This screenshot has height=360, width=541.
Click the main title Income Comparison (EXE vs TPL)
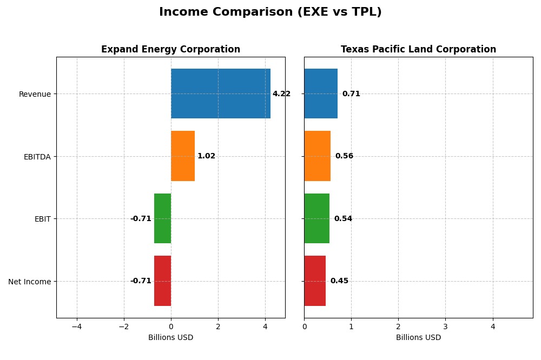point(270,12)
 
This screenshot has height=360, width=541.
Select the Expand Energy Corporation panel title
point(170,49)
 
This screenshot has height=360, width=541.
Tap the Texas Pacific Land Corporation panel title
point(418,49)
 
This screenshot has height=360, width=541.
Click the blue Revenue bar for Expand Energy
point(220,94)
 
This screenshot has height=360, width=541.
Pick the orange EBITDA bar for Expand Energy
point(183,156)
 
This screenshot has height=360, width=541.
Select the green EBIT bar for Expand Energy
point(162,218)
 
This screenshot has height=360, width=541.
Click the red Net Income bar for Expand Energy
point(162,281)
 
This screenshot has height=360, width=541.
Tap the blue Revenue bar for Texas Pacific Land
point(321,94)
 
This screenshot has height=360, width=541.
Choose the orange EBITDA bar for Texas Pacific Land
point(317,156)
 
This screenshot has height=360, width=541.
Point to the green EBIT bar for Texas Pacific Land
point(316,218)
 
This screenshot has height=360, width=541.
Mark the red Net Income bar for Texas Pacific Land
point(315,281)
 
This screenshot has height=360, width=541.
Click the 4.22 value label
point(281,94)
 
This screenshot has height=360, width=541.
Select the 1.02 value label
point(206,156)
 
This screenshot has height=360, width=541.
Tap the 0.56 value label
point(344,156)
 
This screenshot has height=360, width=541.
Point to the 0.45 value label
point(339,281)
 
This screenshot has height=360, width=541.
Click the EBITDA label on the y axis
point(37,157)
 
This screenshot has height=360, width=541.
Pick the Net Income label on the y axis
point(29,282)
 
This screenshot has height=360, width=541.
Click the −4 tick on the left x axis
point(76,326)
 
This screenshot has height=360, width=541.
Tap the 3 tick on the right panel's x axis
point(445,326)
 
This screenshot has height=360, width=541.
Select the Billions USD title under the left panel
point(170,337)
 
